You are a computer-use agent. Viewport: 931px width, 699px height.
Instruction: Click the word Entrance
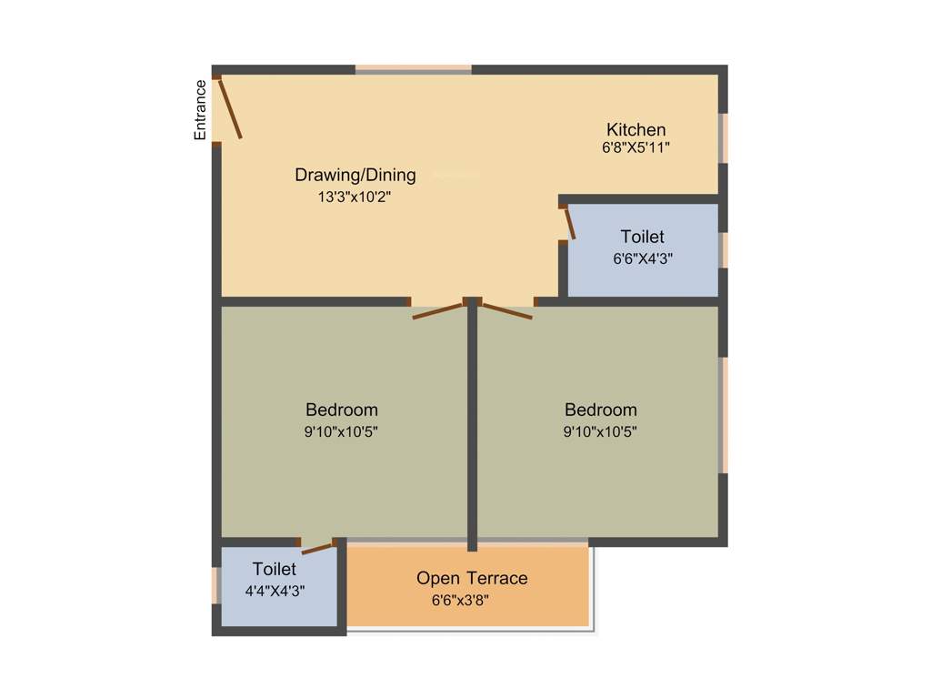(x=200, y=110)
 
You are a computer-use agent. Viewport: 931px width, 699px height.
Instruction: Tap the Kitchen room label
(x=636, y=129)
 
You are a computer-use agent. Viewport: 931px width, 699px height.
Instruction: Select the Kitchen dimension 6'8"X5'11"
(x=636, y=147)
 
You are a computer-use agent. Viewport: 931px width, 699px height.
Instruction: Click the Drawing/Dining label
(x=355, y=175)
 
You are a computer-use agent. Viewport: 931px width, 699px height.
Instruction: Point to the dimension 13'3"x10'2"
(x=355, y=196)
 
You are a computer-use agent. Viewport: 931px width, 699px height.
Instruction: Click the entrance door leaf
(x=230, y=109)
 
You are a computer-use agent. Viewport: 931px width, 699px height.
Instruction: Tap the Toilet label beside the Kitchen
(x=642, y=238)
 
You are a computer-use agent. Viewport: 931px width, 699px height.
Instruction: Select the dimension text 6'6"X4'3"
(x=643, y=258)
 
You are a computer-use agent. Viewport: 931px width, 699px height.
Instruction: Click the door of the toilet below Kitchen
(x=569, y=223)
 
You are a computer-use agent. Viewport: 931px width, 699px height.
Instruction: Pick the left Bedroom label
(x=341, y=410)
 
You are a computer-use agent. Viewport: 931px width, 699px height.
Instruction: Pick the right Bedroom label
(x=600, y=410)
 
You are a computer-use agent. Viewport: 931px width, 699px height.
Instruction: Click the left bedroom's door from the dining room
(x=438, y=309)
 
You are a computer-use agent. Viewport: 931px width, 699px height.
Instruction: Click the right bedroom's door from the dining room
(x=506, y=309)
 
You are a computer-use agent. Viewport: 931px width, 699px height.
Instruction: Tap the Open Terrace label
(x=472, y=578)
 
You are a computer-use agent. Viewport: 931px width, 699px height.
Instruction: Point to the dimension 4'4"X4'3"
(x=275, y=590)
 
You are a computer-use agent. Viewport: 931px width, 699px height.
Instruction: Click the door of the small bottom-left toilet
(x=318, y=548)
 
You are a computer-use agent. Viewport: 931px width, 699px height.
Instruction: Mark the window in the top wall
(x=413, y=69)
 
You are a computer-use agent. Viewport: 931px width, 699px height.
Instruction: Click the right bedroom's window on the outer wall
(x=725, y=415)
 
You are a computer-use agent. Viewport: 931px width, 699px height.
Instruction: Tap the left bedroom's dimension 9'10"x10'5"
(x=341, y=431)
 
